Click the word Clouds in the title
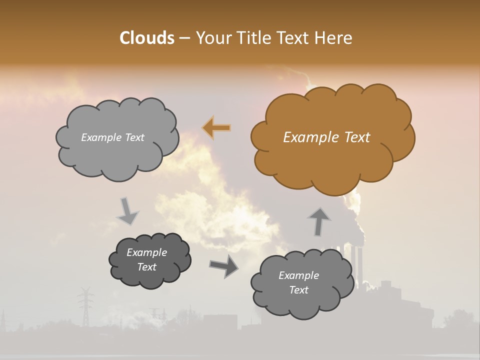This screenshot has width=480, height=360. click(x=146, y=38)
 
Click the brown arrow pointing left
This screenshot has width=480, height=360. click(x=216, y=128)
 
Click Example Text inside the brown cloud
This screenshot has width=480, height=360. click(x=326, y=137)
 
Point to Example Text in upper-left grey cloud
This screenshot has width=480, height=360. click(x=112, y=137)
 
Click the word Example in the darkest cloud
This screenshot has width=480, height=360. click(x=147, y=252)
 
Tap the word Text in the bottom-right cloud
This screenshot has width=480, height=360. click(x=299, y=290)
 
